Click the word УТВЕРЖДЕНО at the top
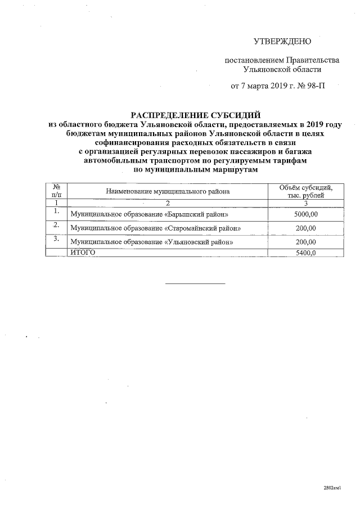(282, 41)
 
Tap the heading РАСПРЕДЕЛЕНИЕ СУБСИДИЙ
(196, 115)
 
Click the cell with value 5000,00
(305, 215)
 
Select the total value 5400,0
(305, 253)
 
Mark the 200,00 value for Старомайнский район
(305, 228)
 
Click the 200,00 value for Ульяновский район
(305, 242)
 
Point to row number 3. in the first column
(56, 238)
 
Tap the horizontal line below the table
(195, 283)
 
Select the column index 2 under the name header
(167, 203)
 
